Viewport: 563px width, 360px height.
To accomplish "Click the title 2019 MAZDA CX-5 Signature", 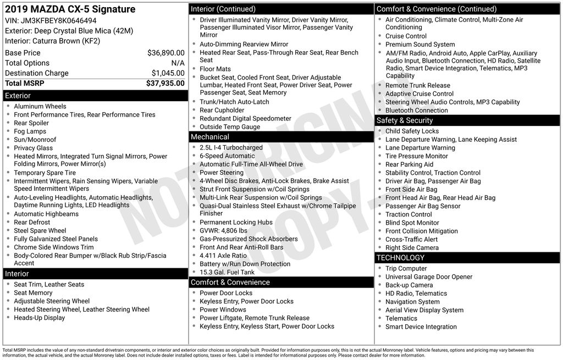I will [70, 9].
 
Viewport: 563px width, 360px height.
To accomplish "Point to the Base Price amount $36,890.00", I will [166, 53].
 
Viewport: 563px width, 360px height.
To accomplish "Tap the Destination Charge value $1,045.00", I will [168, 73].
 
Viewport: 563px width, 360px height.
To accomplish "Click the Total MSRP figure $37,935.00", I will [165, 84].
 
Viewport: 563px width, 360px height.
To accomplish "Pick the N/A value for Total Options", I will [178, 63].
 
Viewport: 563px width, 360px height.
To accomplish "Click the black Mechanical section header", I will [210, 137].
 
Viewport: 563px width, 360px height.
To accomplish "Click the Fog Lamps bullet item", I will [30, 131].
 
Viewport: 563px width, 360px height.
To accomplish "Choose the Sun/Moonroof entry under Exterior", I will [35, 140].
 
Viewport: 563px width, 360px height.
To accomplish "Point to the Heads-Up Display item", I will [40, 318].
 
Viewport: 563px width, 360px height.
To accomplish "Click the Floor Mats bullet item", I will [215, 69].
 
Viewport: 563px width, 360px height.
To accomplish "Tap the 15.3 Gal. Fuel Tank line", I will [227, 272].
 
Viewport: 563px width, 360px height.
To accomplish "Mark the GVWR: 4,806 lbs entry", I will [223, 231].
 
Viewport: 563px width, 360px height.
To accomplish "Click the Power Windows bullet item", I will [223, 309].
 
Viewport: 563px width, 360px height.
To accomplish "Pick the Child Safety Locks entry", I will [412, 131].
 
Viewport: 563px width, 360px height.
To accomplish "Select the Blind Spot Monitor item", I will [412, 223].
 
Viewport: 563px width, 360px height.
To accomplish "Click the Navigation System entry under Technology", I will [412, 302].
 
